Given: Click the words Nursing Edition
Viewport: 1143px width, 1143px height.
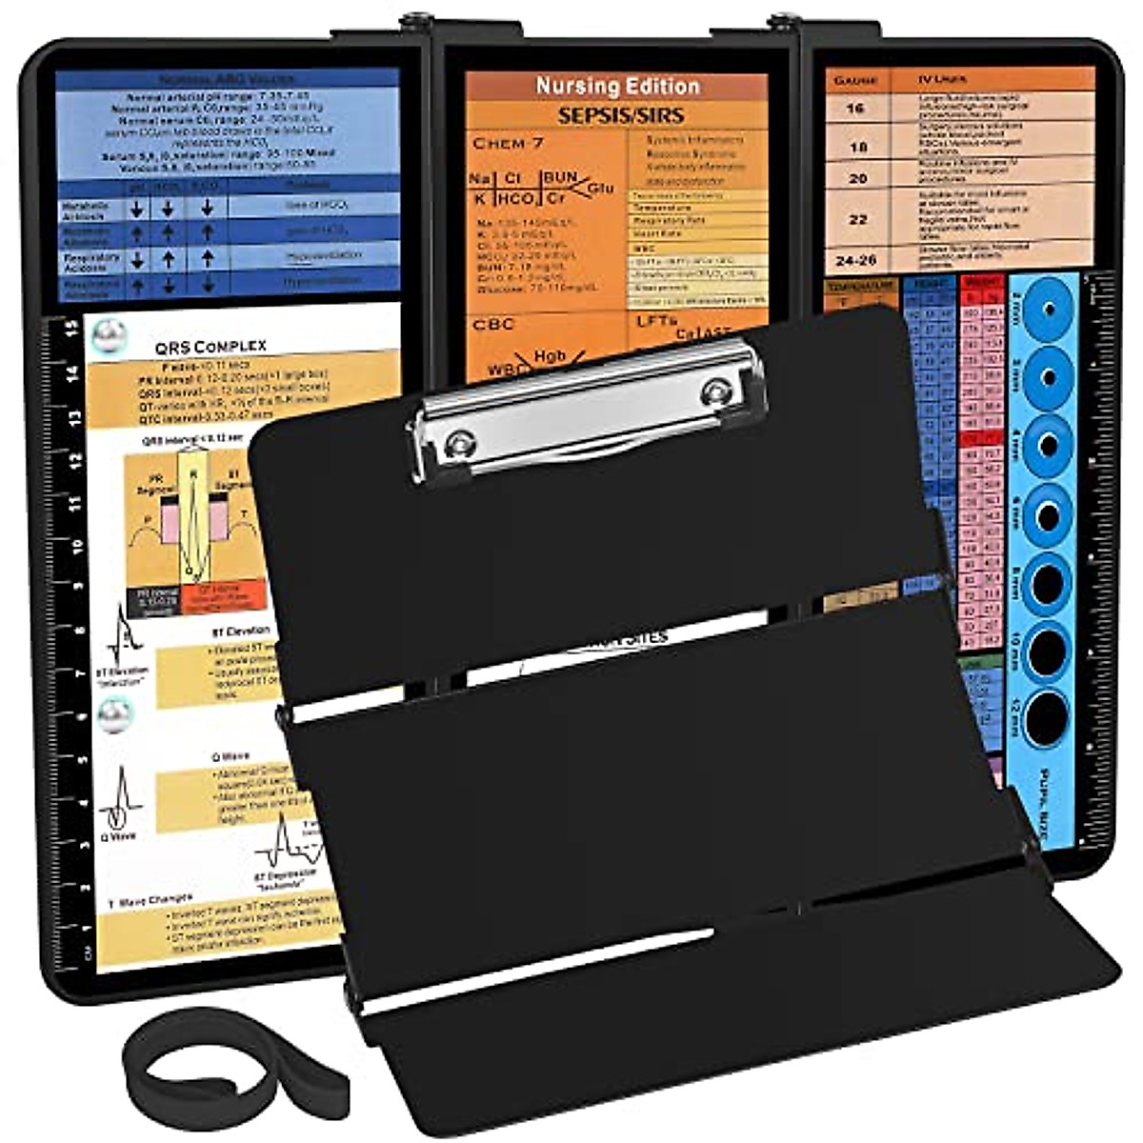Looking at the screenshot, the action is [x=617, y=86].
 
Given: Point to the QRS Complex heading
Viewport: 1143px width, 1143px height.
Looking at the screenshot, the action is [x=211, y=346].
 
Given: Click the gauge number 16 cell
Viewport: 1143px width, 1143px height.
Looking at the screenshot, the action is [x=855, y=108].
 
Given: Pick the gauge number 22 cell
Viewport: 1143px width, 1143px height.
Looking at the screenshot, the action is [x=857, y=219].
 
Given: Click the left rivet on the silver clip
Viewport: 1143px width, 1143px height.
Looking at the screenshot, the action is [x=461, y=441].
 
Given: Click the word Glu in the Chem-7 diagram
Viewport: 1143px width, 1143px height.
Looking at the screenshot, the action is [x=600, y=189].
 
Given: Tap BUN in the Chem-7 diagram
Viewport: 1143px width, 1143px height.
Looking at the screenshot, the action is [x=560, y=177].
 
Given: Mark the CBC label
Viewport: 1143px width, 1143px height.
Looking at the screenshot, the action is [x=492, y=324].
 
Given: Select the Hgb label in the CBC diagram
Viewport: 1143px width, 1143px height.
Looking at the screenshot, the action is [x=550, y=356].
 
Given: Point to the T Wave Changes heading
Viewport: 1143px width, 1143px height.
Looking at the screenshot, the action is [x=150, y=898].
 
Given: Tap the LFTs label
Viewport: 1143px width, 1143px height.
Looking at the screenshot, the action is [x=657, y=322].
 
